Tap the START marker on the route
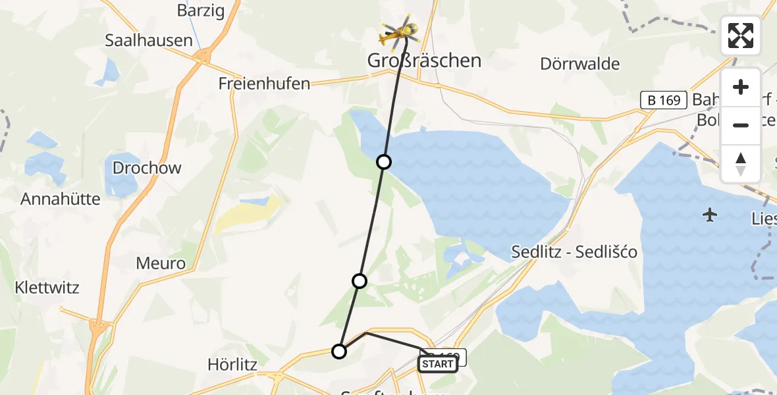click(437, 363)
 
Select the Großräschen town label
click(425, 61)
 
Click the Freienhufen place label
click(265, 84)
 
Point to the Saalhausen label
click(149, 40)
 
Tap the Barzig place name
click(201, 11)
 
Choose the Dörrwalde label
click(580, 64)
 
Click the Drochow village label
click(147, 168)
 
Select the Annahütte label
click(61, 199)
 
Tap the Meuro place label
click(161, 264)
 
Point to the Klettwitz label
click(47, 288)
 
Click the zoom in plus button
click(741, 88)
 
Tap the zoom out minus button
click(741, 125)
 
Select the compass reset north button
click(741, 163)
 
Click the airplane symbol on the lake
click(710, 215)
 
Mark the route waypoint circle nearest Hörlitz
click(339, 352)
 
